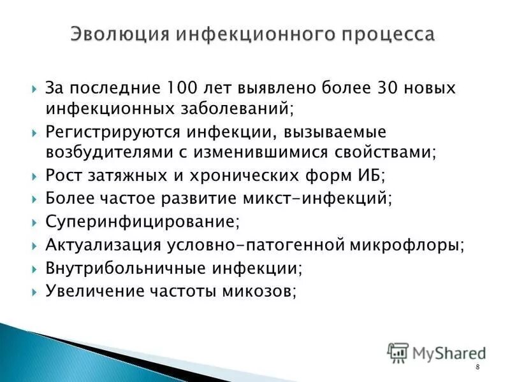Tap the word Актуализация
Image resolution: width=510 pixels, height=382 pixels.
click(105, 245)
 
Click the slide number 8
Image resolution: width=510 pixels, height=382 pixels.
click(477, 370)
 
